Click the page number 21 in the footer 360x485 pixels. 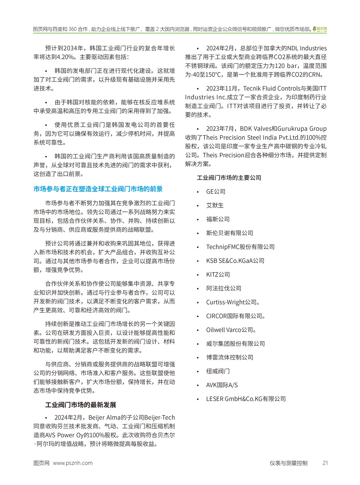tap(325, 463)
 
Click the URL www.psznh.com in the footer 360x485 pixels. tap(73, 463)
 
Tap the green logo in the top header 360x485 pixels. tap(320, 29)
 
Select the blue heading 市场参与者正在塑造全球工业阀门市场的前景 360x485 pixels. tap(98, 189)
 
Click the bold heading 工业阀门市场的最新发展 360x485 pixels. tap(80, 405)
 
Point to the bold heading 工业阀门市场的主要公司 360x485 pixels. tap(229, 178)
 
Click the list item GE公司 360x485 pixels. tap(216, 191)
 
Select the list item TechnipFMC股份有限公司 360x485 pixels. tap(240, 247)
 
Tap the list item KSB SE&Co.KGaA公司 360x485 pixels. tap(235, 261)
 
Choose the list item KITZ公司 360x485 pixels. tap(218, 274)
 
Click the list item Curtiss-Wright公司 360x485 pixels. tap(232, 302)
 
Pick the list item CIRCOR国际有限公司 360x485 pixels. tap(235, 316)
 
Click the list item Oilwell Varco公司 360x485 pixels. tap(231, 330)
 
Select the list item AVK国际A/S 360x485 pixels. tap(222, 385)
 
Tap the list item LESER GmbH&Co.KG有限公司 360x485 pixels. tap(246, 399)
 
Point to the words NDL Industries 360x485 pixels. tap(307, 48)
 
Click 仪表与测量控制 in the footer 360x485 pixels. tap(288, 463)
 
